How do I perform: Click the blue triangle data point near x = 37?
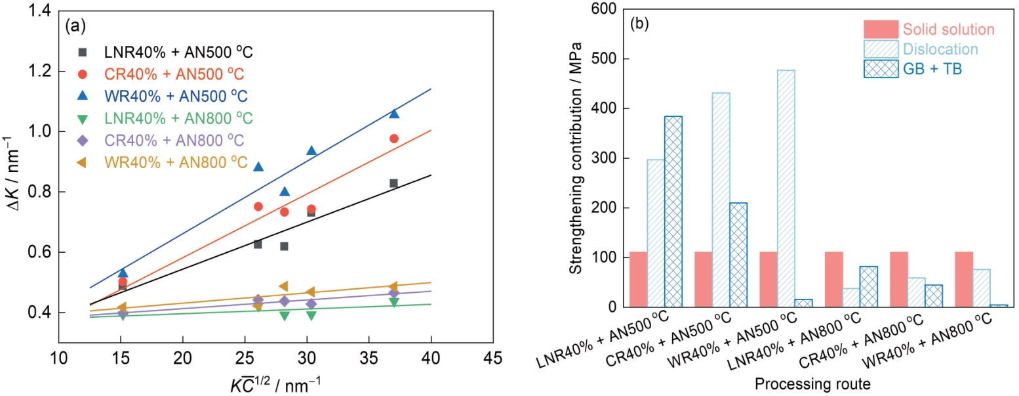(x=394, y=114)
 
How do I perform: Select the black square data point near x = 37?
(x=393, y=183)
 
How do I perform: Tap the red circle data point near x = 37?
(x=394, y=139)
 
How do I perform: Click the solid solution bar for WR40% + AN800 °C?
(x=964, y=279)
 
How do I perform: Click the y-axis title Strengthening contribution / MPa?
(x=576, y=158)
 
